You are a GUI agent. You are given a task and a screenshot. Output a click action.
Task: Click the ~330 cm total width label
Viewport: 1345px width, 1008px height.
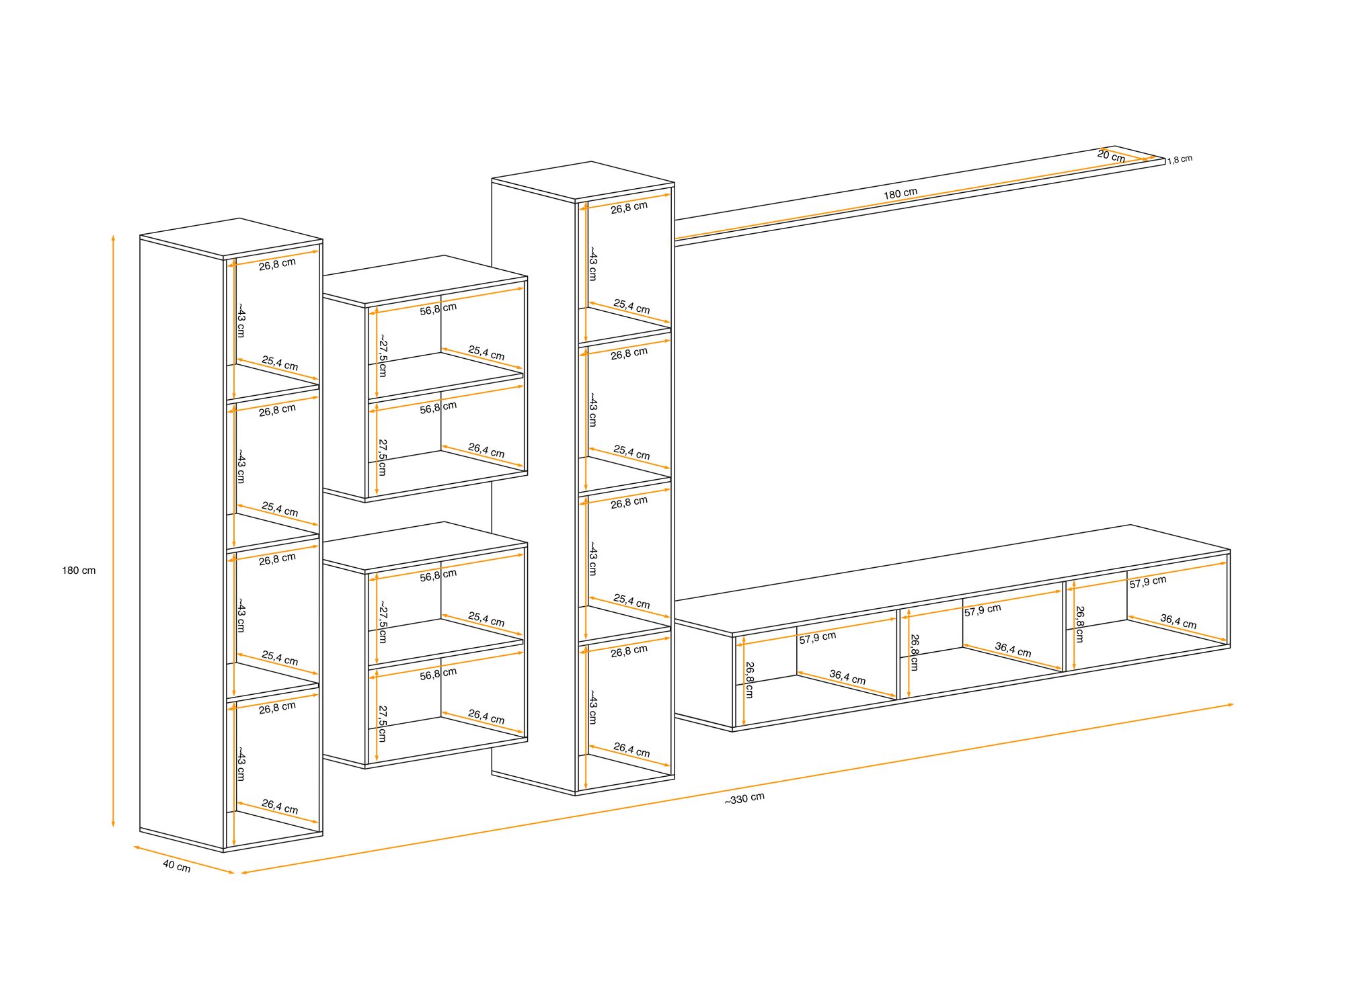tap(744, 798)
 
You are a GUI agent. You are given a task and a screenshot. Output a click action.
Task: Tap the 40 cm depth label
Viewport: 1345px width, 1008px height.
tap(176, 866)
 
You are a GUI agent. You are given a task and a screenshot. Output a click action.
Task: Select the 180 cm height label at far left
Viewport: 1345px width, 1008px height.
tap(79, 571)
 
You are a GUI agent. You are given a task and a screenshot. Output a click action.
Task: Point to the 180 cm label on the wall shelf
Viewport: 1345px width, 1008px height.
tap(900, 194)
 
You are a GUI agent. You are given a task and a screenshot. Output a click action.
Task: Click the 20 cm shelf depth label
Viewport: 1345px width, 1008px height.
tap(1111, 156)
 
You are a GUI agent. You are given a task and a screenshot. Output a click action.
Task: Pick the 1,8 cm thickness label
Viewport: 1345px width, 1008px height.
tap(1180, 160)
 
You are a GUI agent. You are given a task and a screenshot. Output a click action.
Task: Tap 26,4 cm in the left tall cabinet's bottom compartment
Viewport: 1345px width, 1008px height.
tap(280, 806)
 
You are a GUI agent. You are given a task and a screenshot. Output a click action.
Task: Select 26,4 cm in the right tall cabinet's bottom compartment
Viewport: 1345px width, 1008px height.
tap(631, 750)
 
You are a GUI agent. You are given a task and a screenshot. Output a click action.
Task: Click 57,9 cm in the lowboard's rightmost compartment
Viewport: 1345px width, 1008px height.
tap(1148, 582)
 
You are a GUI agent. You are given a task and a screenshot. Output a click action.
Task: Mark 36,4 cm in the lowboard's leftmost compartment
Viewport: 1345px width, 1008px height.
tap(847, 677)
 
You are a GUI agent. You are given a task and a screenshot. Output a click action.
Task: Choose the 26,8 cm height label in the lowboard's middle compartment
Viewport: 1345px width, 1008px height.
tap(914, 653)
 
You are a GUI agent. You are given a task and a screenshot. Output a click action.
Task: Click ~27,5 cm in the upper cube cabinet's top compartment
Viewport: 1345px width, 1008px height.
tap(382, 355)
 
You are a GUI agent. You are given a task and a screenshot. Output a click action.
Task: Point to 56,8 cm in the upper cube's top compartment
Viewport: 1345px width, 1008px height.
tap(438, 308)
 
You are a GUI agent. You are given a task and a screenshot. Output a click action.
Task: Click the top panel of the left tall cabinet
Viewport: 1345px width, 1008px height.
tap(231, 238)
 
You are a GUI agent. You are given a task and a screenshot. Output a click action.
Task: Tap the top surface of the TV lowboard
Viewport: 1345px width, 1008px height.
tap(952, 579)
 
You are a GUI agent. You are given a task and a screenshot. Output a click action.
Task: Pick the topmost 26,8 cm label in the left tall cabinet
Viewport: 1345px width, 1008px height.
tap(277, 264)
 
